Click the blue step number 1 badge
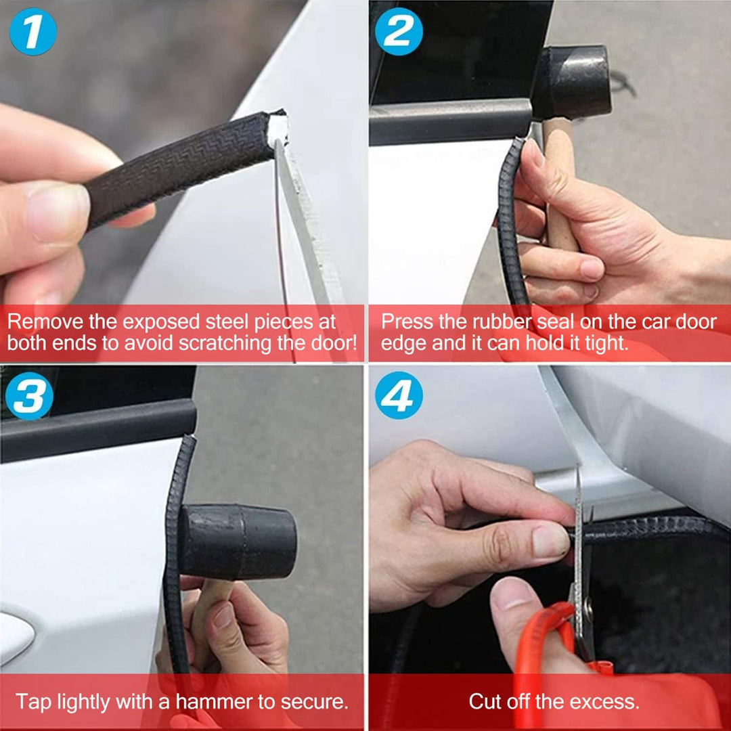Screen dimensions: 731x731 point(32,31)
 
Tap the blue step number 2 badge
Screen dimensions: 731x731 point(399,31)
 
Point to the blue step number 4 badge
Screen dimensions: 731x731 point(399,395)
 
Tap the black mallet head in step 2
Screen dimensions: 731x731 point(575,81)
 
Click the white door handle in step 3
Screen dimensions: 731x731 point(14,636)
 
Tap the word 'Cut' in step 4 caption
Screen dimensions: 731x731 point(485,701)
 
